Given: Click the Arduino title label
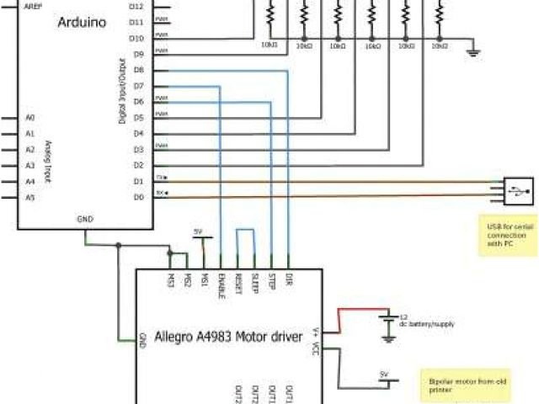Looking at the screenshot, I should (x=82, y=23).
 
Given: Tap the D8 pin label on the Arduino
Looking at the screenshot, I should (x=138, y=70).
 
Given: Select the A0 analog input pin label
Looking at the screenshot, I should (x=29, y=118).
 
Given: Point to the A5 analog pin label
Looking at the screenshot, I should (x=29, y=198).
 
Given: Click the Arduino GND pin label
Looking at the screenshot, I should (x=85, y=218).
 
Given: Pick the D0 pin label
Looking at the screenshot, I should (x=138, y=197).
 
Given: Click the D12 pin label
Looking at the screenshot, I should (x=136, y=6).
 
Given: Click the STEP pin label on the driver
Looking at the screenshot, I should (x=271, y=280).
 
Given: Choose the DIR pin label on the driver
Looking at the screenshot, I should (x=288, y=279).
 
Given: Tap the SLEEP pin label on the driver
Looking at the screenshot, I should (x=254, y=282).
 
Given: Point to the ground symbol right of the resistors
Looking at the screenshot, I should (x=474, y=52).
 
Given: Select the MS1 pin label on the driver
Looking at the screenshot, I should (x=204, y=279).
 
